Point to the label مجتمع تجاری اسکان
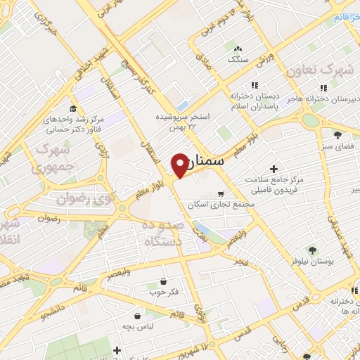(214, 205)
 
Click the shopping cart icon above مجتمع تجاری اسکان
(221, 193)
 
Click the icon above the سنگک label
(236, 49)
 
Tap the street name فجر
(240, 262)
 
